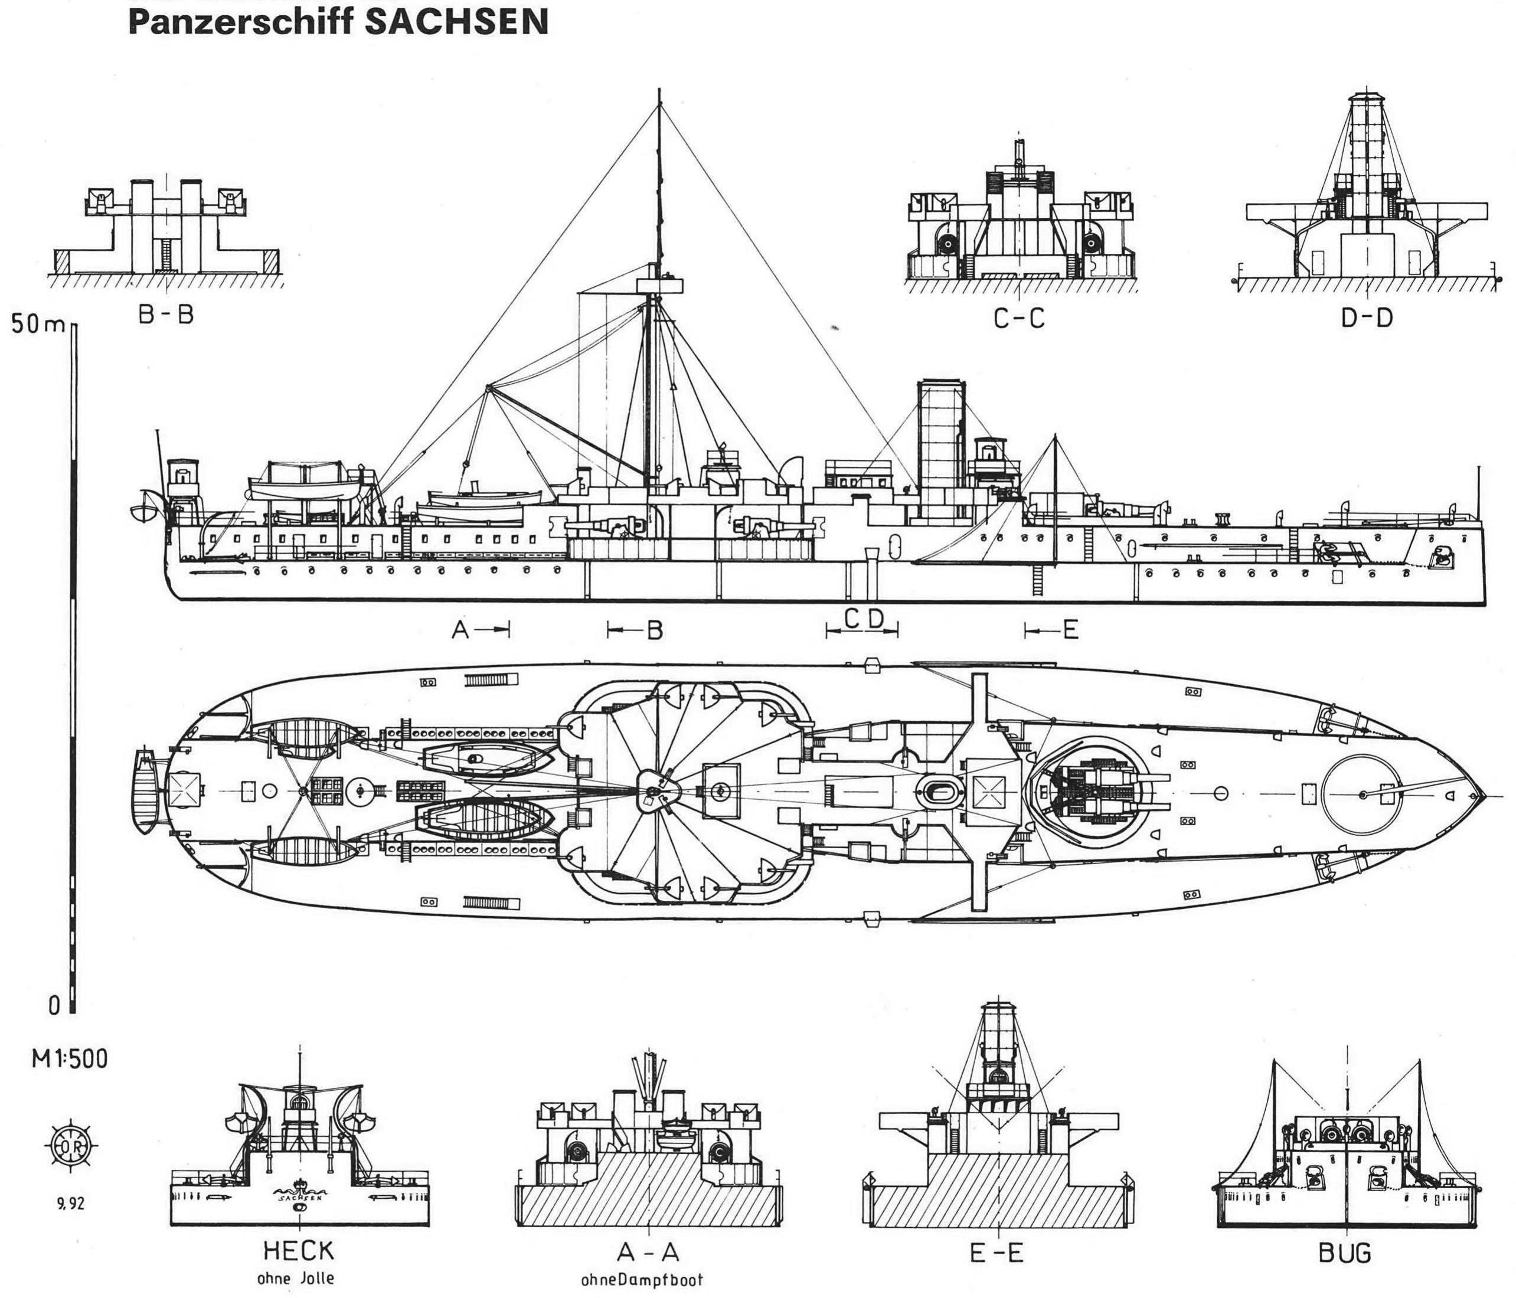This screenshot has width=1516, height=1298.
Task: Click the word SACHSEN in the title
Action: click(x=456, y=22)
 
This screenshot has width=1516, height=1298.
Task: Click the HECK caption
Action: click(x=299, y=1250)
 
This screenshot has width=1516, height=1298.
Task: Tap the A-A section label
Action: click(x=648, y=1253)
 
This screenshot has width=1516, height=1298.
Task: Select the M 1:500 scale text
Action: click(x=70, y=1060)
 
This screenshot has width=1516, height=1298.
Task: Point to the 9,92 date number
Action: click(x=70, y=1204)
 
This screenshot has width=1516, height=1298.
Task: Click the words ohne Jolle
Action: click(x=296, y=1280)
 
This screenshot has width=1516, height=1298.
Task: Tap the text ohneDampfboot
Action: click(x=642, y=1280)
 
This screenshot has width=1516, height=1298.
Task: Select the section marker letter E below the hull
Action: click(x=1070, y=629)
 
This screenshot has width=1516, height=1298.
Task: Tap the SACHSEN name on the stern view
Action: click(x=299, y=1197)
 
